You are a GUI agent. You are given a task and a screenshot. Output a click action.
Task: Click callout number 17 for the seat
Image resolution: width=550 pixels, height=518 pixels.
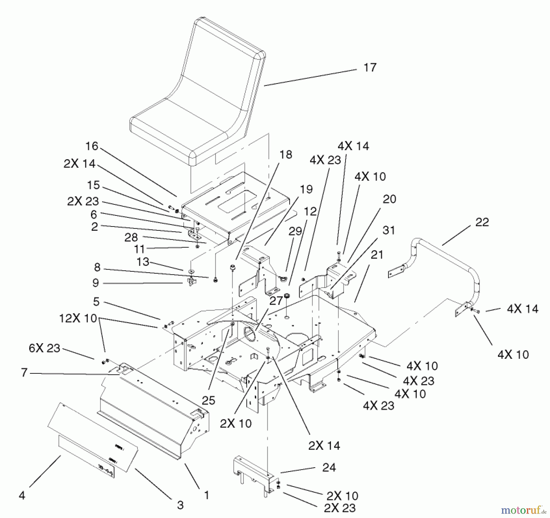point(370,68)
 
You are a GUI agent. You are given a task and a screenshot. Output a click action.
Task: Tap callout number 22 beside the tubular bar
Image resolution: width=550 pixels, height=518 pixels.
point(482,222)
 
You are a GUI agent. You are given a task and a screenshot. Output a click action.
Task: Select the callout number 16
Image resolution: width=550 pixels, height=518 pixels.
point(91,146)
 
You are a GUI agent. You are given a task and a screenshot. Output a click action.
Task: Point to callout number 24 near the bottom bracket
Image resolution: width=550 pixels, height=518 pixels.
point(329,468)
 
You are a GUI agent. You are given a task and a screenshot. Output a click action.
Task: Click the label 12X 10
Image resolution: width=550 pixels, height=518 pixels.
point(78,318)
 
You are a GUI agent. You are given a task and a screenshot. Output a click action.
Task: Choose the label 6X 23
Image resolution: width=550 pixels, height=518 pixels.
point(44,348)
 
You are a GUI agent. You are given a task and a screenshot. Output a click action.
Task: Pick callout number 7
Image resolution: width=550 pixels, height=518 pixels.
point(24,373)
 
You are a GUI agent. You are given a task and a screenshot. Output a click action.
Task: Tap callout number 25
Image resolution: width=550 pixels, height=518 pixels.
point(208,400)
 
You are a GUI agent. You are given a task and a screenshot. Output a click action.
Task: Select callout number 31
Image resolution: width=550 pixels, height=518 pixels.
point(388,230)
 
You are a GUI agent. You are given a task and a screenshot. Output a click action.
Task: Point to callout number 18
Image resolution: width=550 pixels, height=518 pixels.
point(286,155)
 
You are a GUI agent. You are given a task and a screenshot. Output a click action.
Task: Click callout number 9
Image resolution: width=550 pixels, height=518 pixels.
point(96,283)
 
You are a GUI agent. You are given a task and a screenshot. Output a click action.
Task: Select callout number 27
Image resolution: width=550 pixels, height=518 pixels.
point(276,301)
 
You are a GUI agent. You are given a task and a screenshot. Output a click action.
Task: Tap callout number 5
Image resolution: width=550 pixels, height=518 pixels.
point(96,302)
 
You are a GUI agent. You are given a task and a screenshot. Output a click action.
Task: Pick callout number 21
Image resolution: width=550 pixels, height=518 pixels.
point(376,255)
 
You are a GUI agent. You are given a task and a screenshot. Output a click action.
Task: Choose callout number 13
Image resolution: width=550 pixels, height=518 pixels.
point(143,262)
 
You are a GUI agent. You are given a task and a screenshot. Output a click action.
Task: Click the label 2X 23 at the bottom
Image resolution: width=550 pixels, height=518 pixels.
point(340,508)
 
